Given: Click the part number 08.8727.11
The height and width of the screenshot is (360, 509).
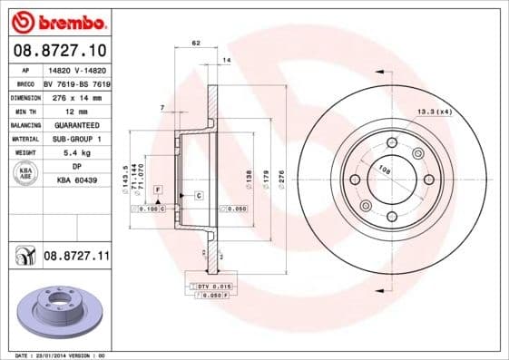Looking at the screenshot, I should (75, 258).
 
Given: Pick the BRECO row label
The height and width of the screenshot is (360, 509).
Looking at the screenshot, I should (24, 83).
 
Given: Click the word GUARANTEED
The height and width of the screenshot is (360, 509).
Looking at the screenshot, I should (76, 125).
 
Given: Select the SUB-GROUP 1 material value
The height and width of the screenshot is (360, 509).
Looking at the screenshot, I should (76, 139).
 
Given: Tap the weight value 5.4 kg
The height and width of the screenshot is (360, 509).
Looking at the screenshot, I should (76, 152).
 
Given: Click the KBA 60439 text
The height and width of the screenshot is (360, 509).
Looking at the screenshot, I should (76, 180).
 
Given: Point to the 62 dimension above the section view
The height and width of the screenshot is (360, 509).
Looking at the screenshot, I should (195, 43).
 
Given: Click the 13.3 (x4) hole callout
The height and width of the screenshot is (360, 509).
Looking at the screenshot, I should (434, 112).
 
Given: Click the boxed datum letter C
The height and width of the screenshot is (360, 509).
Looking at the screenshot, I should (197, 196).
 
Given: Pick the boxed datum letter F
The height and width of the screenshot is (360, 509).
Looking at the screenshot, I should (157, 188).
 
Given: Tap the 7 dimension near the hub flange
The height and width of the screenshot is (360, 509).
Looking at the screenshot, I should (162, 108).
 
